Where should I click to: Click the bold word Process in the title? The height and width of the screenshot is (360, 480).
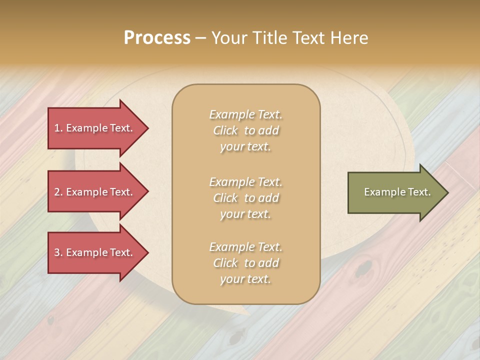pyautogui.click(x=157, y=38)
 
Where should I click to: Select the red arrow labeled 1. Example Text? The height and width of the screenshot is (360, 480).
pyautogui.click(x=95, y=128)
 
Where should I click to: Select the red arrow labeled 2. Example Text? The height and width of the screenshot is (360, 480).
pyautogui.click(x=95, y=192)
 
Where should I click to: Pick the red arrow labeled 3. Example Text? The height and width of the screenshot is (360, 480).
pyautogui.click(x=95, y=253)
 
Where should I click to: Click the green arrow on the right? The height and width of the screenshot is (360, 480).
pyautogui.click(x=395, y=192)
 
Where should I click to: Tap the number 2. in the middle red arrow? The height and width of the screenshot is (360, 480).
pyautogui.click(x=58, y=192)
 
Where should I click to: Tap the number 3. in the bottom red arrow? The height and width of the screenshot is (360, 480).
pyautogui.click(x=58, y=253)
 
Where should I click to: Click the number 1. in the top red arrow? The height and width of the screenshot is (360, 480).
pyautogui.click(x=58, y=128)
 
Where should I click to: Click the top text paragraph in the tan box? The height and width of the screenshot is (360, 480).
pyautogui.click(x=245, y=130)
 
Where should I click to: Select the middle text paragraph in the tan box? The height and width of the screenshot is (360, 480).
pyautogui.click(x=245, y=198)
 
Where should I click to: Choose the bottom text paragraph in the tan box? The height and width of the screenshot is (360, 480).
pyautogui.click(x=245, y=263)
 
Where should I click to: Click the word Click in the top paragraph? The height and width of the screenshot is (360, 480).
pyautogui.click(x=225, y=131)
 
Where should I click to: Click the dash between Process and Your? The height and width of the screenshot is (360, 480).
pyautogui.click(x=201, y=38)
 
